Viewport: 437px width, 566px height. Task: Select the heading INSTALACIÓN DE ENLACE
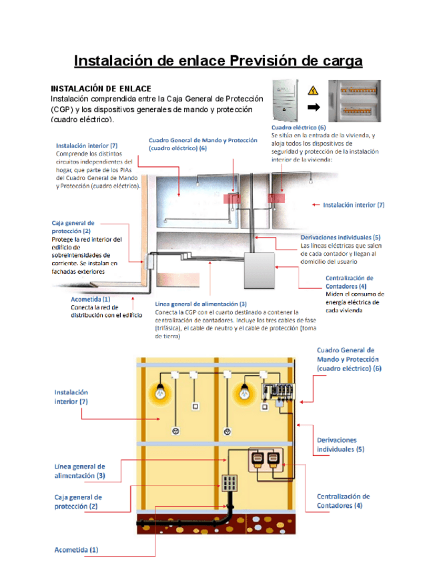point(101,89)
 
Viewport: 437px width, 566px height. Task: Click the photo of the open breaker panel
point(359,100)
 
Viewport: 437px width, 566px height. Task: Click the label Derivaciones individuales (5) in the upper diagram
point(340,238)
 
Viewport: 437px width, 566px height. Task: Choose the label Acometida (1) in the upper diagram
point(91,299)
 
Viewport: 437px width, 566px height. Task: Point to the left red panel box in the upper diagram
point(234,198)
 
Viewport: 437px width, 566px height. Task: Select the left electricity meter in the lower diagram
point(257,460)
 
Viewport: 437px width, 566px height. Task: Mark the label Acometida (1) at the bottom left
point(75,550)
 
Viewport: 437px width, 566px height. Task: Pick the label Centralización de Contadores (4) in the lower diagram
point(343,501)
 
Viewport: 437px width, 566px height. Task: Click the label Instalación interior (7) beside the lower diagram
point(71,397)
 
